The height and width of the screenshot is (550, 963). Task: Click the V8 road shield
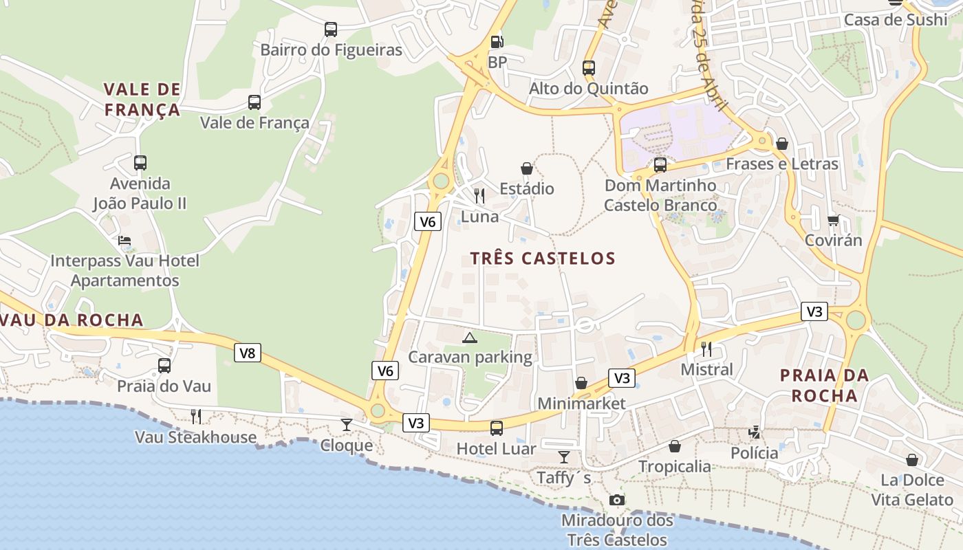(x=248, y=353)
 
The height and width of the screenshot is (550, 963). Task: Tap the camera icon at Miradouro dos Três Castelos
(x=617, y=500)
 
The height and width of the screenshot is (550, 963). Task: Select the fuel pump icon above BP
(x=497, y=42)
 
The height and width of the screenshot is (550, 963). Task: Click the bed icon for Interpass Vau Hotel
(x=125, y=241)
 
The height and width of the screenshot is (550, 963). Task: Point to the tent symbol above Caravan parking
(x=470, y=337)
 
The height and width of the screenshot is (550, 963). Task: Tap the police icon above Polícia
(x=755, y=432)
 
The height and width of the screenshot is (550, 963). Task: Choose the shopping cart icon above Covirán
(x=834, y=221)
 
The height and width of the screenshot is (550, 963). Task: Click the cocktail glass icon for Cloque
(x=347, y=425)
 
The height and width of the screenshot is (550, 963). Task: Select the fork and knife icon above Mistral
(x=706, y=349)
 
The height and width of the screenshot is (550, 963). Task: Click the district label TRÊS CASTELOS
(x=543, y=258)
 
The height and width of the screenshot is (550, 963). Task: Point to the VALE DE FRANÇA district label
(x=142, y=99)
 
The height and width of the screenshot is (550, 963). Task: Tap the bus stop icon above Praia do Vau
(x=164, y=366)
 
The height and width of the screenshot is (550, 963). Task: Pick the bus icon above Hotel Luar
(x=497, y=428)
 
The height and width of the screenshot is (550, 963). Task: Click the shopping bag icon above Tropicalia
(x=675, y=446)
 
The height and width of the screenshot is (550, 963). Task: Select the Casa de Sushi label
(x=896, y=20)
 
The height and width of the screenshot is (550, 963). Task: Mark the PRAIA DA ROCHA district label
(x=824, y=385)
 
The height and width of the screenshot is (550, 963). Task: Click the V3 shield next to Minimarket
(x=621, y=378)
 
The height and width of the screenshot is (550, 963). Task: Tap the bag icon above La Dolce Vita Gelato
(x=912, y=460)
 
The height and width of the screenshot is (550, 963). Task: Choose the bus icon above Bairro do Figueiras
(x=331, y=30)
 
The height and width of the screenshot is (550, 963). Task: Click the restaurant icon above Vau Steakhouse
(x=196, y=416)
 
